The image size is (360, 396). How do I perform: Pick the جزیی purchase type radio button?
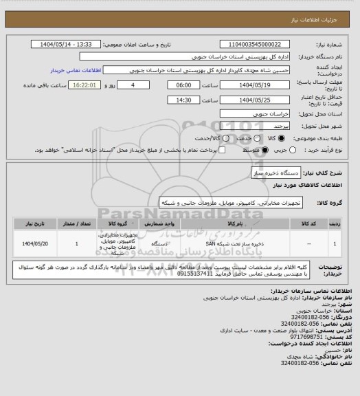tap(293, 149)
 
